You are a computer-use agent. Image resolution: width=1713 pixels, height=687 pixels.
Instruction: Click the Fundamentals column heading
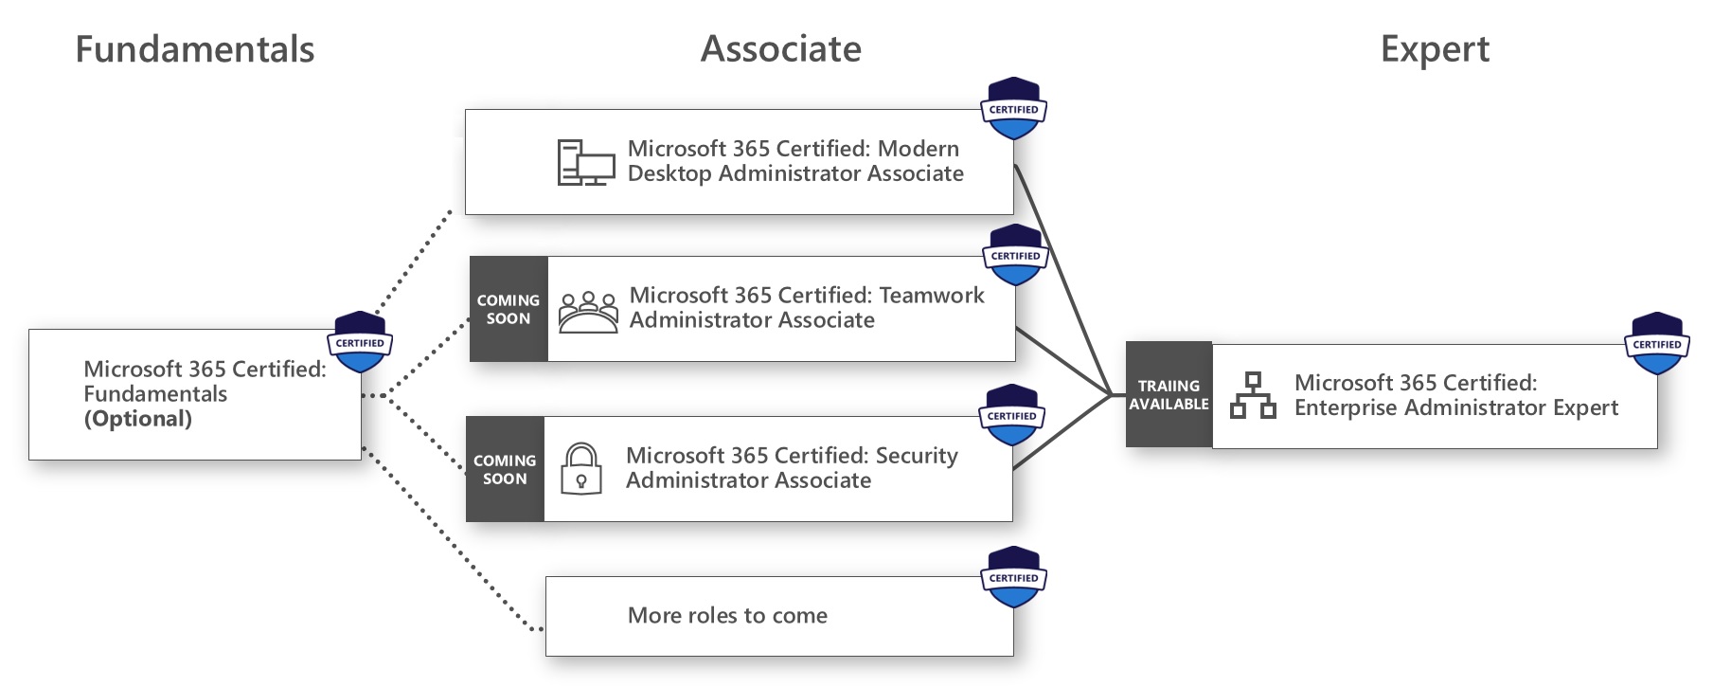tap(194, 49)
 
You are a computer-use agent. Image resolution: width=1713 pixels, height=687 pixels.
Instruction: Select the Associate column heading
tap(780, 49)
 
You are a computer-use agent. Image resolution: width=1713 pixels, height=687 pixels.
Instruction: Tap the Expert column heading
tap(1434, 49)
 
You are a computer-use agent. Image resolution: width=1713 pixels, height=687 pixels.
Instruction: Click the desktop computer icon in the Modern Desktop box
tap(585, 162)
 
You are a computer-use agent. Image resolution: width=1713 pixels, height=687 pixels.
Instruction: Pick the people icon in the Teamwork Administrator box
tap(587, 312)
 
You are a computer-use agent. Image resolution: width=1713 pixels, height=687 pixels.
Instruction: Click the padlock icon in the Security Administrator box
tap(581, 469)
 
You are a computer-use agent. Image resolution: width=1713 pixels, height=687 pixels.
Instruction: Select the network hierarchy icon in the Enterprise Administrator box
tap(1253, 396)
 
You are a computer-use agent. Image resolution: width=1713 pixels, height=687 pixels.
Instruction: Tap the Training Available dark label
tap(1169, 394)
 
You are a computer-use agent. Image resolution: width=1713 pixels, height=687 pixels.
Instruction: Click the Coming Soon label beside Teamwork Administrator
tap(509, 309)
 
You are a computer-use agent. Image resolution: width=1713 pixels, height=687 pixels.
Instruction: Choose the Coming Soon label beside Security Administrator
tap(505, 469)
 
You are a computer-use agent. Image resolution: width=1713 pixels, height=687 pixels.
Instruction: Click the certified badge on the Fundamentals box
tap(360, 342)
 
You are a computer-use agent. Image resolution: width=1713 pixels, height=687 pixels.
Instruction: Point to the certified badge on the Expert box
tap(1656, 343)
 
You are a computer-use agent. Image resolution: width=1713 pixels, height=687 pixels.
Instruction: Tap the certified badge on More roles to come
tap(1013, 577)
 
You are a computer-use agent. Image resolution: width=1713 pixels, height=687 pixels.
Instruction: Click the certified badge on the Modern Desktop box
tap(1013, 109)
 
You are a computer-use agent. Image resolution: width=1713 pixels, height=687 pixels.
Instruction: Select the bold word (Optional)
tap(138, 419)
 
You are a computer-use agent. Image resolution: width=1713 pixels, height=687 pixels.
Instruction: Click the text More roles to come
tap(727, 616)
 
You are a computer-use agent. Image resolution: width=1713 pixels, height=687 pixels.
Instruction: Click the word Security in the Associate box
tap(916, 456)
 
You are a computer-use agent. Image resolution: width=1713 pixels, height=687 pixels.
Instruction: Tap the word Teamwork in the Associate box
tap(932, 296)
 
